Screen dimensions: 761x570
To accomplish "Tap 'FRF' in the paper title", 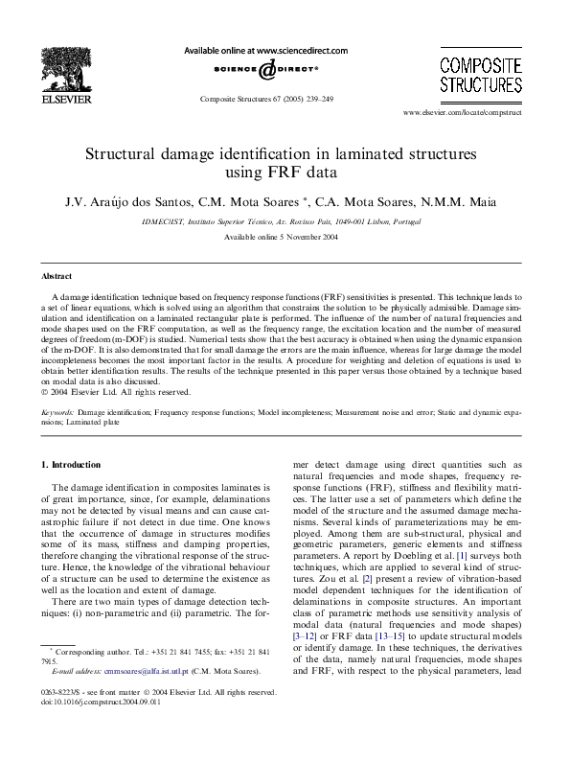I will pyautogui.click(x=284, y=173).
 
